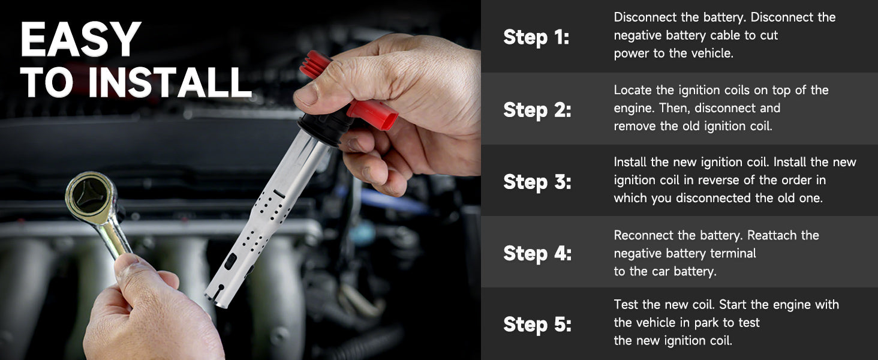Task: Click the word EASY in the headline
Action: click(x=80, y=39)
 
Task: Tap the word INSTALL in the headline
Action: click(x=170, y=82)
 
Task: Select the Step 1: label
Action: click(x=536, y=37)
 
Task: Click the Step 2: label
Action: click(x=537, y=110)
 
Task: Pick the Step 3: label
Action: click(x=537, y=182)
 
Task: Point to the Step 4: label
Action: click(x=537, y=253)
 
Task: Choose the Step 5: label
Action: click(x=537, y=325)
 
